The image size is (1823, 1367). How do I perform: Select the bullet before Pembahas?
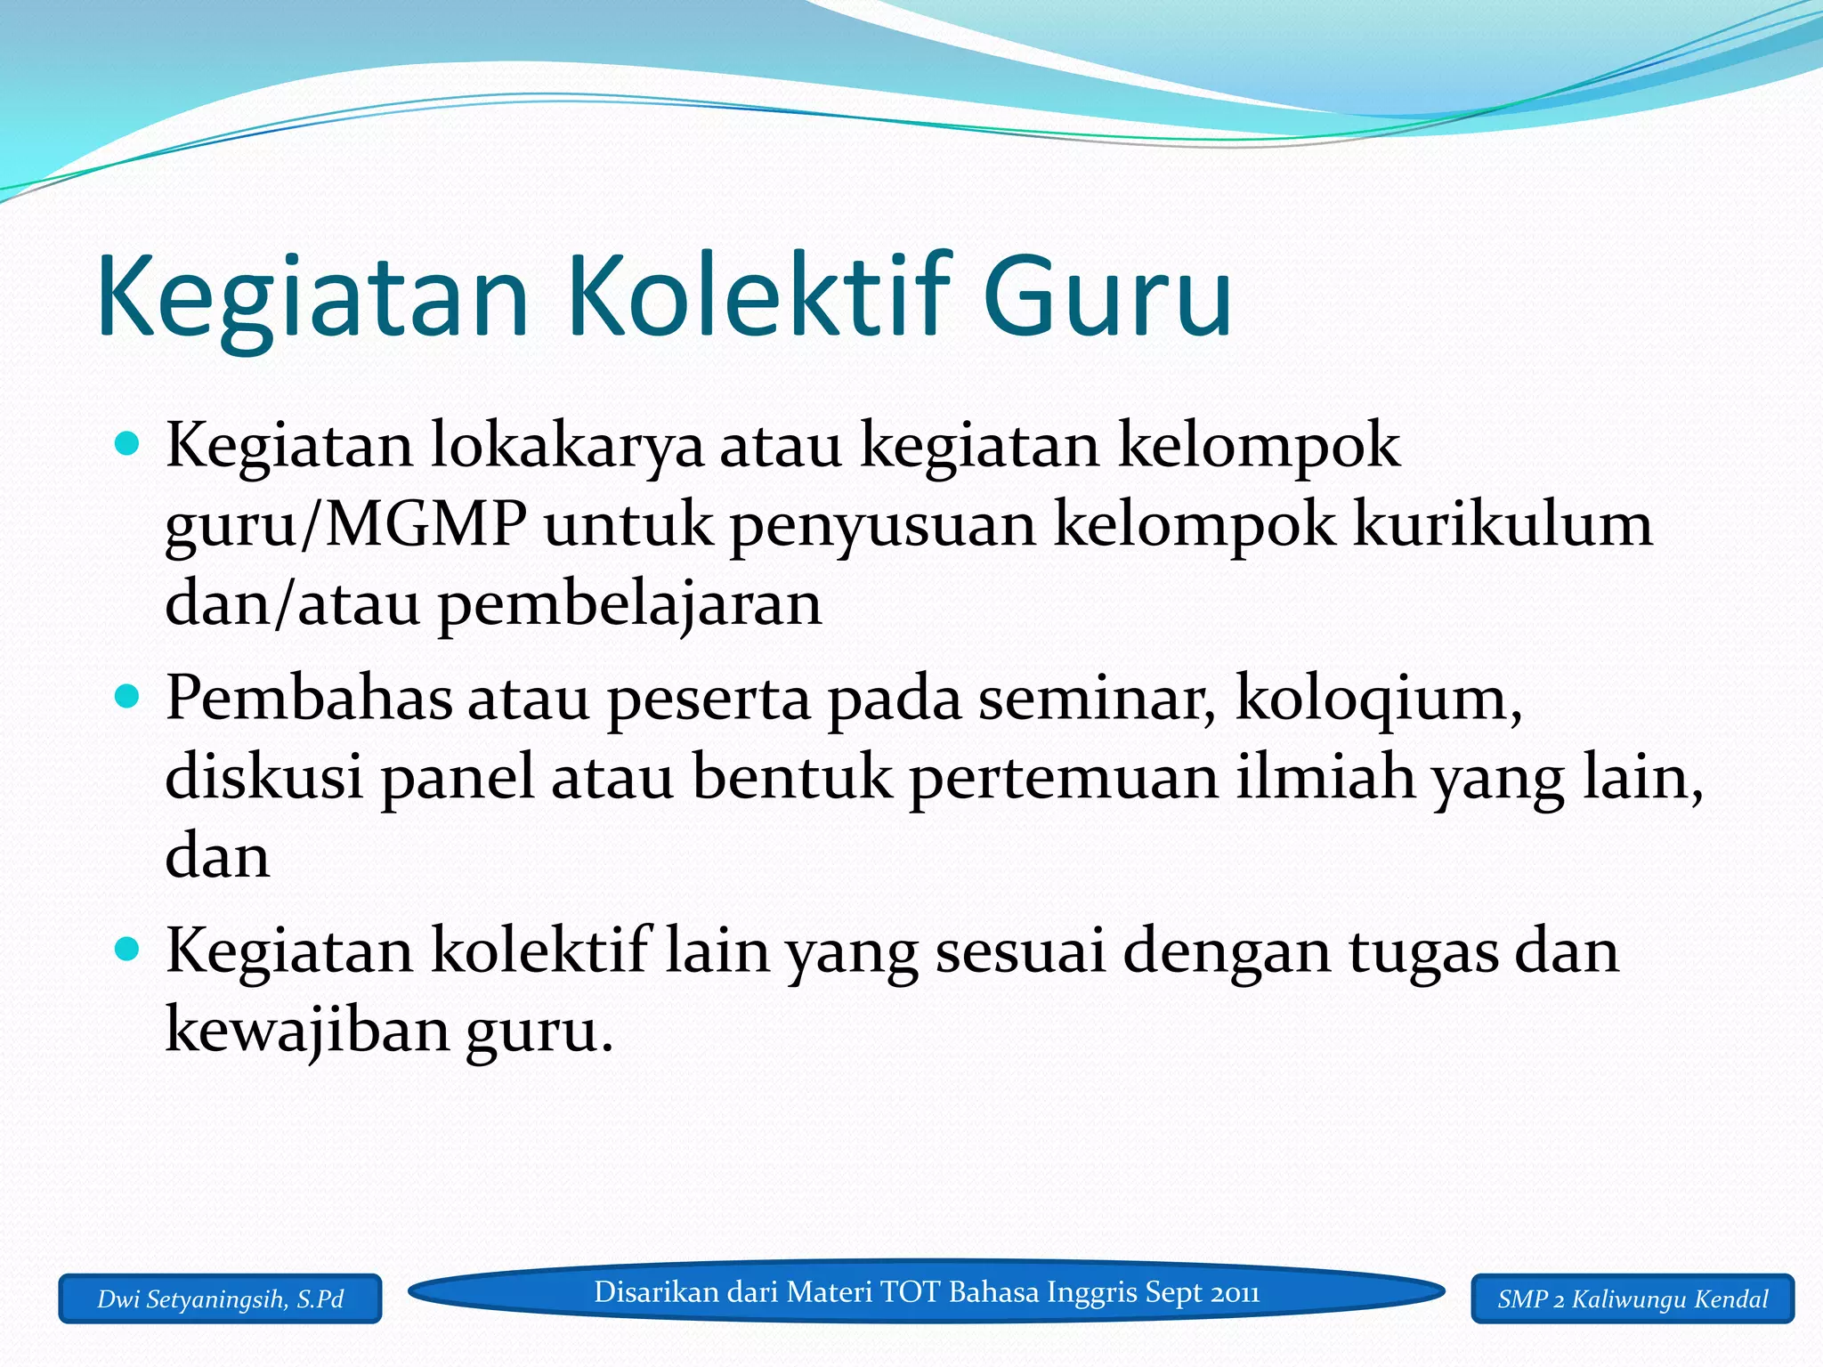[128, 696]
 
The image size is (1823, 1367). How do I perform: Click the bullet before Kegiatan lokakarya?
[128, 443]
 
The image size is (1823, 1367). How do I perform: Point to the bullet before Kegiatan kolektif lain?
[128, 950]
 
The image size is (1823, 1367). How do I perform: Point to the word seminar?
[1097, 699]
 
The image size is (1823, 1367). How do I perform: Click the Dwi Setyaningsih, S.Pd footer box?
[220, 1299]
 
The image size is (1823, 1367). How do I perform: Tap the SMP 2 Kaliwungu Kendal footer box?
[1633, 1299]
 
